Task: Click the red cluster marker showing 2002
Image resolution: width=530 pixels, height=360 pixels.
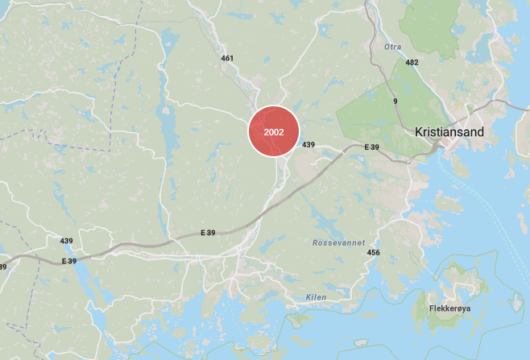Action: [x=273, y=130]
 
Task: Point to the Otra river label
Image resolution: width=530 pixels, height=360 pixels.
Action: [x=392, y=47]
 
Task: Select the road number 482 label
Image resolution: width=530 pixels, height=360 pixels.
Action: [x=412, y=62]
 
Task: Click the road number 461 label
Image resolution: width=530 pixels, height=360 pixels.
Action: [x=227, y=58]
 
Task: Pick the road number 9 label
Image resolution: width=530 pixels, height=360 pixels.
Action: [x=395, y=101]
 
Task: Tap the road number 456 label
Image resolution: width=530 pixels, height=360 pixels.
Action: [x=373, y=253]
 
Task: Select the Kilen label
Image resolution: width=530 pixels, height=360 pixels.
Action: [x=317, y=297]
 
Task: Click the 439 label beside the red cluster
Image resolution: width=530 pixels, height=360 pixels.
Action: [x=308, y=145]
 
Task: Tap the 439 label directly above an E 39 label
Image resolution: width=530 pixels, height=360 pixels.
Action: [x=66, y=241]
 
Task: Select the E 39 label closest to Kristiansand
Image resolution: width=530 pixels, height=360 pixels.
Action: [x=371, y=147]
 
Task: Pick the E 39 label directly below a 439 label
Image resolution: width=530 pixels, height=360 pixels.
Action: [x=69, y=261]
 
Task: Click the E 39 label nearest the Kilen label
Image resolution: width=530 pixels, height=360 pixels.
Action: [x=208, y=233]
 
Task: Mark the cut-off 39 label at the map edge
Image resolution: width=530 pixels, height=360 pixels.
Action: [x=3, y=267]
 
